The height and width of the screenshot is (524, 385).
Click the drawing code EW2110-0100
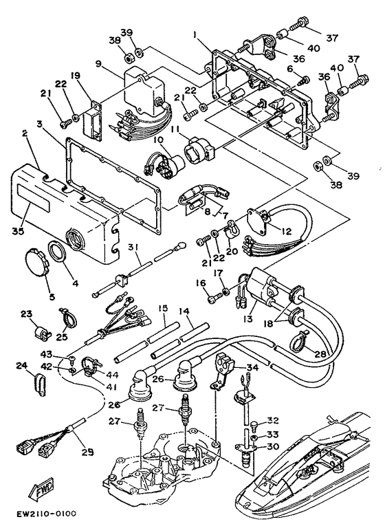[x=43, y=513]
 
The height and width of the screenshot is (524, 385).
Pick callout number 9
[x=99, y=64]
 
